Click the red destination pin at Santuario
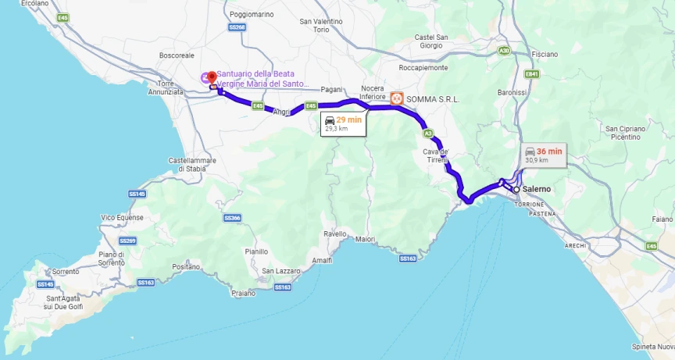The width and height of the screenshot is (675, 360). [212, 77]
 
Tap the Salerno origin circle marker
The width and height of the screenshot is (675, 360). [516, 189]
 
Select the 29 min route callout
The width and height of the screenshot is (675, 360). [343, 123]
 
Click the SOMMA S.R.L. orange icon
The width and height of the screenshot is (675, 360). [397, 98]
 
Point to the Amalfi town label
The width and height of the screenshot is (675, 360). [321, 259]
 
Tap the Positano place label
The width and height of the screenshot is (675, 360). [186, 266]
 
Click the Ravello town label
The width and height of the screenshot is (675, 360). [335, 233]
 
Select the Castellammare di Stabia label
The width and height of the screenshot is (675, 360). [191, 164]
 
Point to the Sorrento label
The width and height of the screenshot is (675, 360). [66, 272]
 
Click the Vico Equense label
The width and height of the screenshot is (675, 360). [122, 217]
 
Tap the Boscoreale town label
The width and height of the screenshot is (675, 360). [176, 55]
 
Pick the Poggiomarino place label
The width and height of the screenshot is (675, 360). [251, 14]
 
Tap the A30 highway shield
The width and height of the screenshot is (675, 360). [505, 51]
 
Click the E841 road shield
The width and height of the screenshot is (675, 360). [532, 74]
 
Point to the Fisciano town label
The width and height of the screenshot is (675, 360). [544, 55]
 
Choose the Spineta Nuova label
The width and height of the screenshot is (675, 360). [653, 347]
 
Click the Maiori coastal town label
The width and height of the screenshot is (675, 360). [365, 239]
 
